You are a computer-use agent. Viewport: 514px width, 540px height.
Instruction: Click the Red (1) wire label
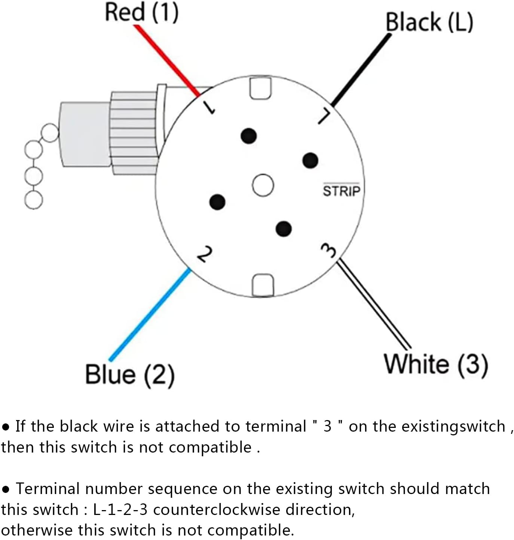coord(141,12)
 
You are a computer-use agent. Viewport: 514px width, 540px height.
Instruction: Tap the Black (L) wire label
coord(429,22)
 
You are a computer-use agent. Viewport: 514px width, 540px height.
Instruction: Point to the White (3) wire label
coord(436,364)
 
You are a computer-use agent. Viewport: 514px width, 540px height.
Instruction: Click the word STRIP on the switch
coord(341,191)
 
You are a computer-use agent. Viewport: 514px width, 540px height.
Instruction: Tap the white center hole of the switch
coord(263,185)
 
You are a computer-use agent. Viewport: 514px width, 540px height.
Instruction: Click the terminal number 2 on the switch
coord(205,254)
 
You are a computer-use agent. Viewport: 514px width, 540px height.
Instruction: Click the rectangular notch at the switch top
coord(260,87)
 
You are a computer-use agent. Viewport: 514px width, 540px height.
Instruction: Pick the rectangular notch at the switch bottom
coord(263,285)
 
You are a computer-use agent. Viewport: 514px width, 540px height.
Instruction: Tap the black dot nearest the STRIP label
coord(310,160)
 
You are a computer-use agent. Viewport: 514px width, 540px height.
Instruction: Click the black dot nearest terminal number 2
coord(217,202)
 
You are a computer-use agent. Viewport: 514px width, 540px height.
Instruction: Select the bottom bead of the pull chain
coord(34,200)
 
